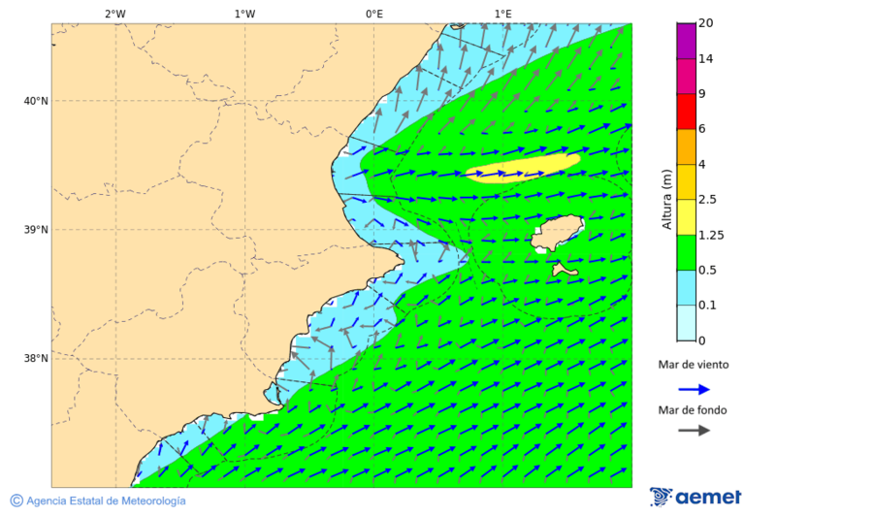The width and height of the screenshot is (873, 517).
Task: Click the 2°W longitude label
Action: (114, 14)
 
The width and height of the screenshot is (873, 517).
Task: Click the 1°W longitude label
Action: (244, 14)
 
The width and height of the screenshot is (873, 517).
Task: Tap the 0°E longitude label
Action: (373, 14)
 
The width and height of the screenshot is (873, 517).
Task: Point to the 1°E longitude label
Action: (502, 14)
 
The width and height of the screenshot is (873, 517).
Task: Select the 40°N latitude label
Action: (36, 101)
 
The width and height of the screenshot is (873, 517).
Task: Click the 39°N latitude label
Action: (36, 230)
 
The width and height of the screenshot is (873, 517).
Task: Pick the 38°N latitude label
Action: (36, 359)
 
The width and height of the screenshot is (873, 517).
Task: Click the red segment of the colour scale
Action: (687, 112)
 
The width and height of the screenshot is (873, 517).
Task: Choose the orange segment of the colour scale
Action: (687, 146)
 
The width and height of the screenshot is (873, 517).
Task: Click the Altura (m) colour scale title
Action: (666, 199)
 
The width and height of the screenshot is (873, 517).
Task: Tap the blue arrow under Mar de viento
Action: (694, 389)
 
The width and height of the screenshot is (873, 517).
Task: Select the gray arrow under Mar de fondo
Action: (694, 431)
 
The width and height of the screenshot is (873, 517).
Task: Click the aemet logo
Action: (695, 497)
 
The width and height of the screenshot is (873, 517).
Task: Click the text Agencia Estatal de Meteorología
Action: (105, 501)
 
